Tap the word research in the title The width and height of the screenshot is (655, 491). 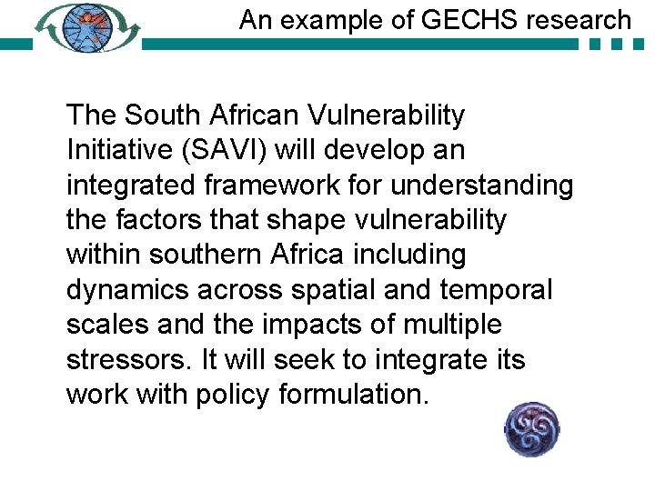[x=573, y=19]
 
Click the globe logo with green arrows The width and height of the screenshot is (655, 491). [x=89, y=27]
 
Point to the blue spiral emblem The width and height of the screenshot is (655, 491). [x=532, y=429]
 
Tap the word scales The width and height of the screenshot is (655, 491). [x=108, y=325]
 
